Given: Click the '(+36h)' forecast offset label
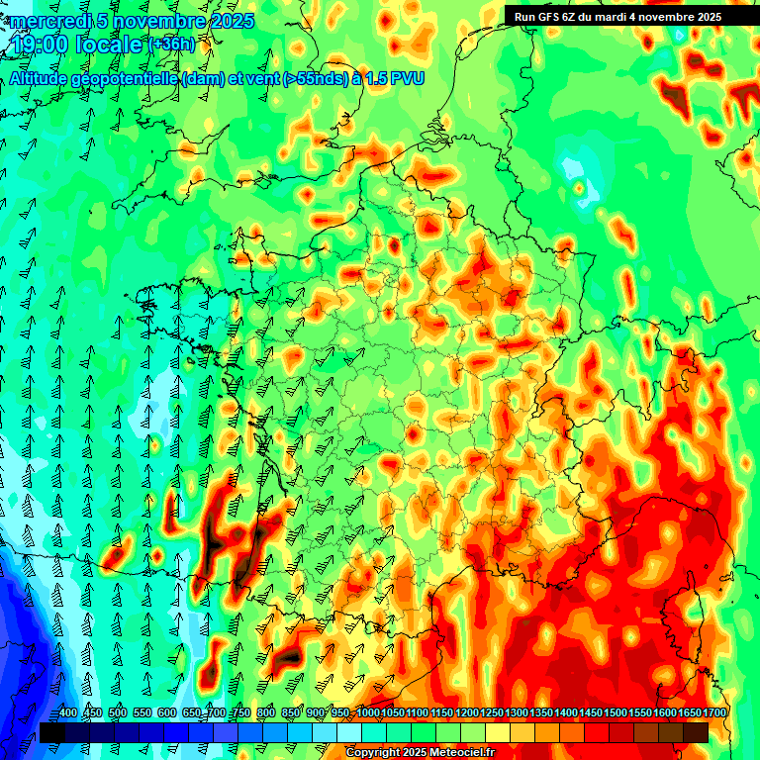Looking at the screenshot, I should [x=172, y=45].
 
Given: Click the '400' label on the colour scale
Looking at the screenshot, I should [x=68, y=713].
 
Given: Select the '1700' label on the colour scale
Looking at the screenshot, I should [x=690, y=713].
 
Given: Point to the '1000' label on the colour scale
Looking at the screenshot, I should [x=367, y=713].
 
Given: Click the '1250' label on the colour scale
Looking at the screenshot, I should [x=492, y=713].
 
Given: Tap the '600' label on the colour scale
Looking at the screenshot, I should [x=167, y=713].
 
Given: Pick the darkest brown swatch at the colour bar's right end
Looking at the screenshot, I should [x=696, y=732].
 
